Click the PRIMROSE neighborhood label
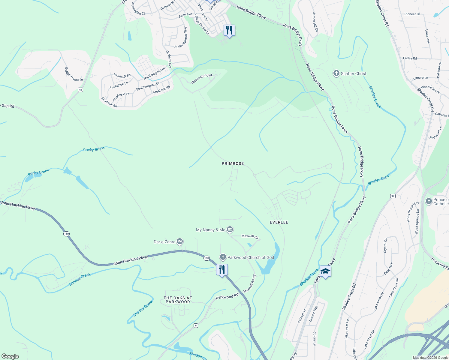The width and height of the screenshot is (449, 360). (x=233, y=163)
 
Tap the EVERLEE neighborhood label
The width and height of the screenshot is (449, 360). (x=279, y=222)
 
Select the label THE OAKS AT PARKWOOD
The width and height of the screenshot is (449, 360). (x=178, y=300)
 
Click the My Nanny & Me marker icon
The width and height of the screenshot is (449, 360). (x=230, y=230)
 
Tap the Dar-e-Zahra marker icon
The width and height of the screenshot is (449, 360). (x=180, y=241)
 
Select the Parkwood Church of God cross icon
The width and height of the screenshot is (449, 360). (x=223, y=257)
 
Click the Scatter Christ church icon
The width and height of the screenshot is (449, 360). (x=336, y=73)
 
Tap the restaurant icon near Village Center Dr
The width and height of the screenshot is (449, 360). (x=229, y=30)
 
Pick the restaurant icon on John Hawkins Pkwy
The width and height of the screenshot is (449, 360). (x=222, y=270)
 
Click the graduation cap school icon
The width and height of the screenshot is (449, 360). (x=325, y=271)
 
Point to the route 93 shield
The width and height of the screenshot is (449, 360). (x=80, y=90)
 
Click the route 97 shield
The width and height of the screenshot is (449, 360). (x=393, y=196)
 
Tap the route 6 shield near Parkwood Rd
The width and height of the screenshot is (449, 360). (x=196, y=325)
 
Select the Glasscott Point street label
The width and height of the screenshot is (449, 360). (x=202, y=79)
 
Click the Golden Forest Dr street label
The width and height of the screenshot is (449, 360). (x=74, y=74)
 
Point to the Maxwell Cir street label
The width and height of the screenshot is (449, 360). (x=250, y=236)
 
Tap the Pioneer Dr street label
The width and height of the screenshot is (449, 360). (x=412, y=14)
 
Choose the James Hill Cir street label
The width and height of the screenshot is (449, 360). (x=315, y=22)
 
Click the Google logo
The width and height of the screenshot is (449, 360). (x=10, y=356)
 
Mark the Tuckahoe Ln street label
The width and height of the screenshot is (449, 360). (x=119, y=85)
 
